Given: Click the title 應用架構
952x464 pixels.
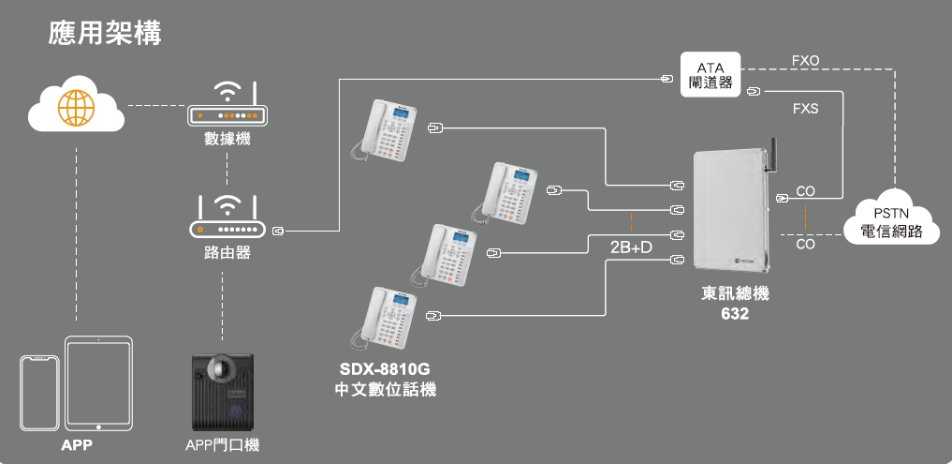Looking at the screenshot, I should [105, 35].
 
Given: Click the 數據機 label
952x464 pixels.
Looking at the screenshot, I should [227, 140].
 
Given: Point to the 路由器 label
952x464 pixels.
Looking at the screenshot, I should [227, 252].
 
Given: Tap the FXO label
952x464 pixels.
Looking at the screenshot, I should [805, 60].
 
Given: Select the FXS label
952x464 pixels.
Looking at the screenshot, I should [805, 109].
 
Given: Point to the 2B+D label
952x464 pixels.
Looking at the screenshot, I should [630, 247].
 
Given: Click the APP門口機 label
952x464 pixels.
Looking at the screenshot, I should [222, 444].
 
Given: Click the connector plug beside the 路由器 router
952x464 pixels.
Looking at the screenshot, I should [278, 229].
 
